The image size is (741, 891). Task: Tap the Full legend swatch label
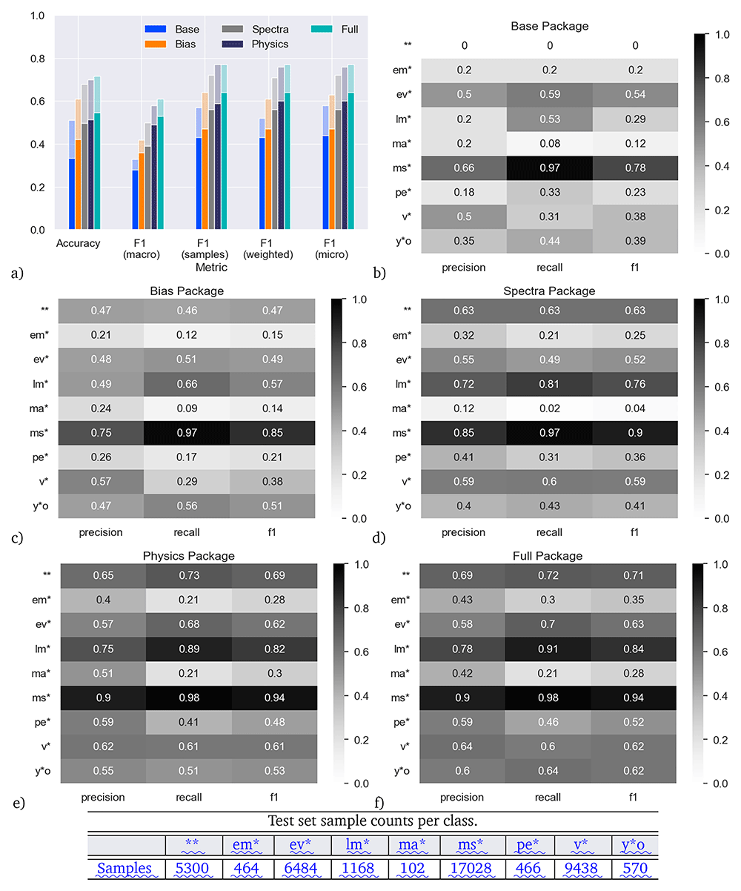coord(350,30)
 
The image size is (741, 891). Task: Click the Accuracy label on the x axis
coord(78,243)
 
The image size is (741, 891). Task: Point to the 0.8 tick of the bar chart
coord(37,59)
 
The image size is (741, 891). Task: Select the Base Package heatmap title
coord(550,26)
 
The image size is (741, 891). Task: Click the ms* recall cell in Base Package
coord(550,168)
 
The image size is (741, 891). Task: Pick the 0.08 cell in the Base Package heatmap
coord(550,143)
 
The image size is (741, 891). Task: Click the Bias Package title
coord(187,291)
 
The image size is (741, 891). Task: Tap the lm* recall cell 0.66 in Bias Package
coord(187,384)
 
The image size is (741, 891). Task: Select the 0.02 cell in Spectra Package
coord(550,408)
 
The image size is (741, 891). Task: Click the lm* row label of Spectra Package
coord(402,384)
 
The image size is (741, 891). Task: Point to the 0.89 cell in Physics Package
coord(189,649)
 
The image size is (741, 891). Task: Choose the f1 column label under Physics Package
coord(274,797)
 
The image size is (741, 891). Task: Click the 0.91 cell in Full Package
coord(548,649)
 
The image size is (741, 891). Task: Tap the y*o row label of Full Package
coord(402,771)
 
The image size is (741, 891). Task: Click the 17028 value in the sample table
coord(471,868)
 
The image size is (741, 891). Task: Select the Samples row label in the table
coord(124,868)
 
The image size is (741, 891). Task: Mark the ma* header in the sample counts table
coord(412,844)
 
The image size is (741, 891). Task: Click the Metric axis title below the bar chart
coord(211,268)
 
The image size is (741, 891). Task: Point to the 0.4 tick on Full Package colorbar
coord(720,696)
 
